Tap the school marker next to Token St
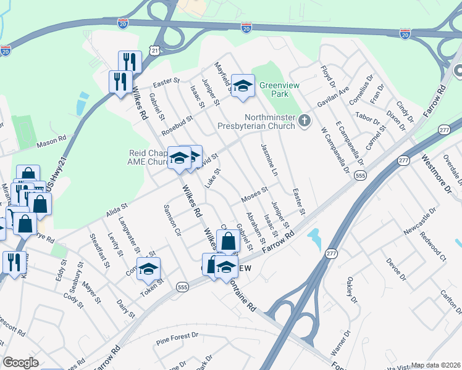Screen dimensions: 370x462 click(148, 269)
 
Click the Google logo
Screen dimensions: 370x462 click(20, 363)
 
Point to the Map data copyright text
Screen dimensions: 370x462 click(435, 365)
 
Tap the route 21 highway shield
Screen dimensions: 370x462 click(155, 49)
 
